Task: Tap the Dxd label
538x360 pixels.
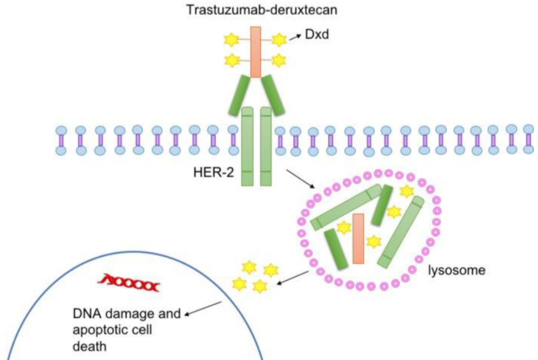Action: pyautogui.click(x=314, y=34)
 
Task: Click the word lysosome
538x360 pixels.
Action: pyautogui.click(x=457, y=271)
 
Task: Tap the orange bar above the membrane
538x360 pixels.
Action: pyautogui.click(x=255, y=51)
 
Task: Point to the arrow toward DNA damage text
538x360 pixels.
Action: pyautogui.click(x=203, y=307)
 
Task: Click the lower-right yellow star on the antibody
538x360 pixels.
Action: pyautogui.click(x=278, y=60)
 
